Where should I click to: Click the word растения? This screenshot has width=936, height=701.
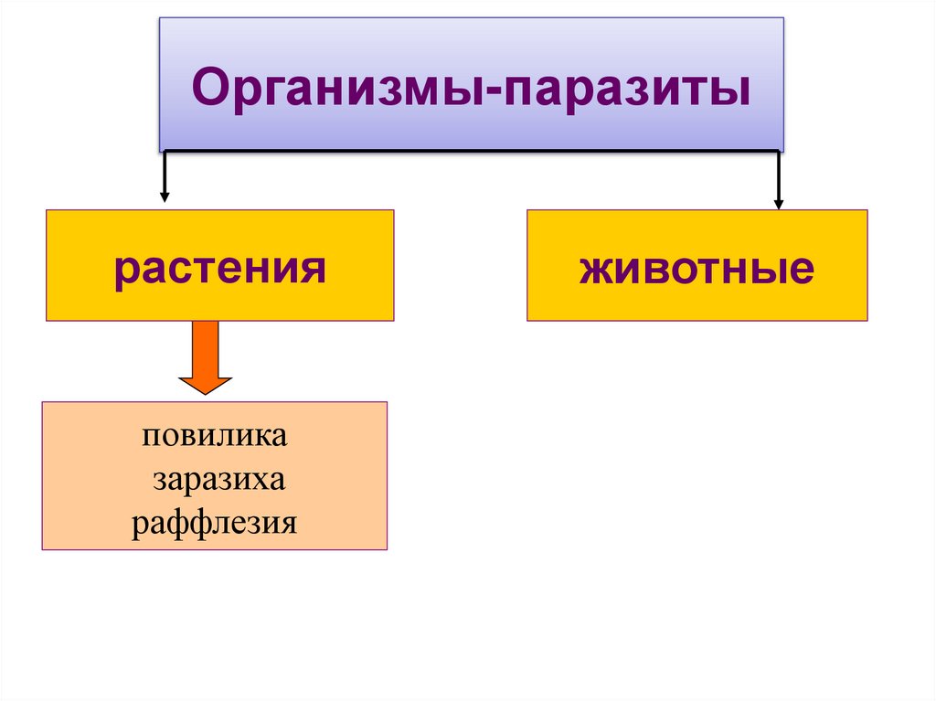pos(219,270)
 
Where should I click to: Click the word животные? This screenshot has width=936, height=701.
pos(697,270)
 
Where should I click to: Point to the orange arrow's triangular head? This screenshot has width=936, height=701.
pos(205,383)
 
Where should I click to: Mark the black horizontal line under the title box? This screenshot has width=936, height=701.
pos(471,151)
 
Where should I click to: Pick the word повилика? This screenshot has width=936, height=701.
pos(214,435)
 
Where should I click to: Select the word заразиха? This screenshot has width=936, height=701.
pos(219,479)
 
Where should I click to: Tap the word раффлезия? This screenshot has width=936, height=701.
pos(215,524)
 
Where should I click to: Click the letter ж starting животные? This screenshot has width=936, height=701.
pos(593,271)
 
